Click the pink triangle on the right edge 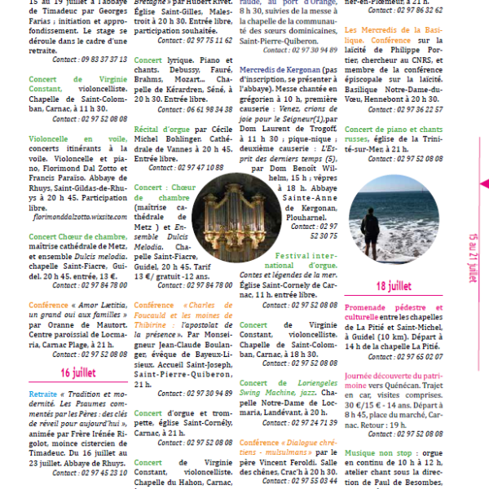click(x=483, y=184)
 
